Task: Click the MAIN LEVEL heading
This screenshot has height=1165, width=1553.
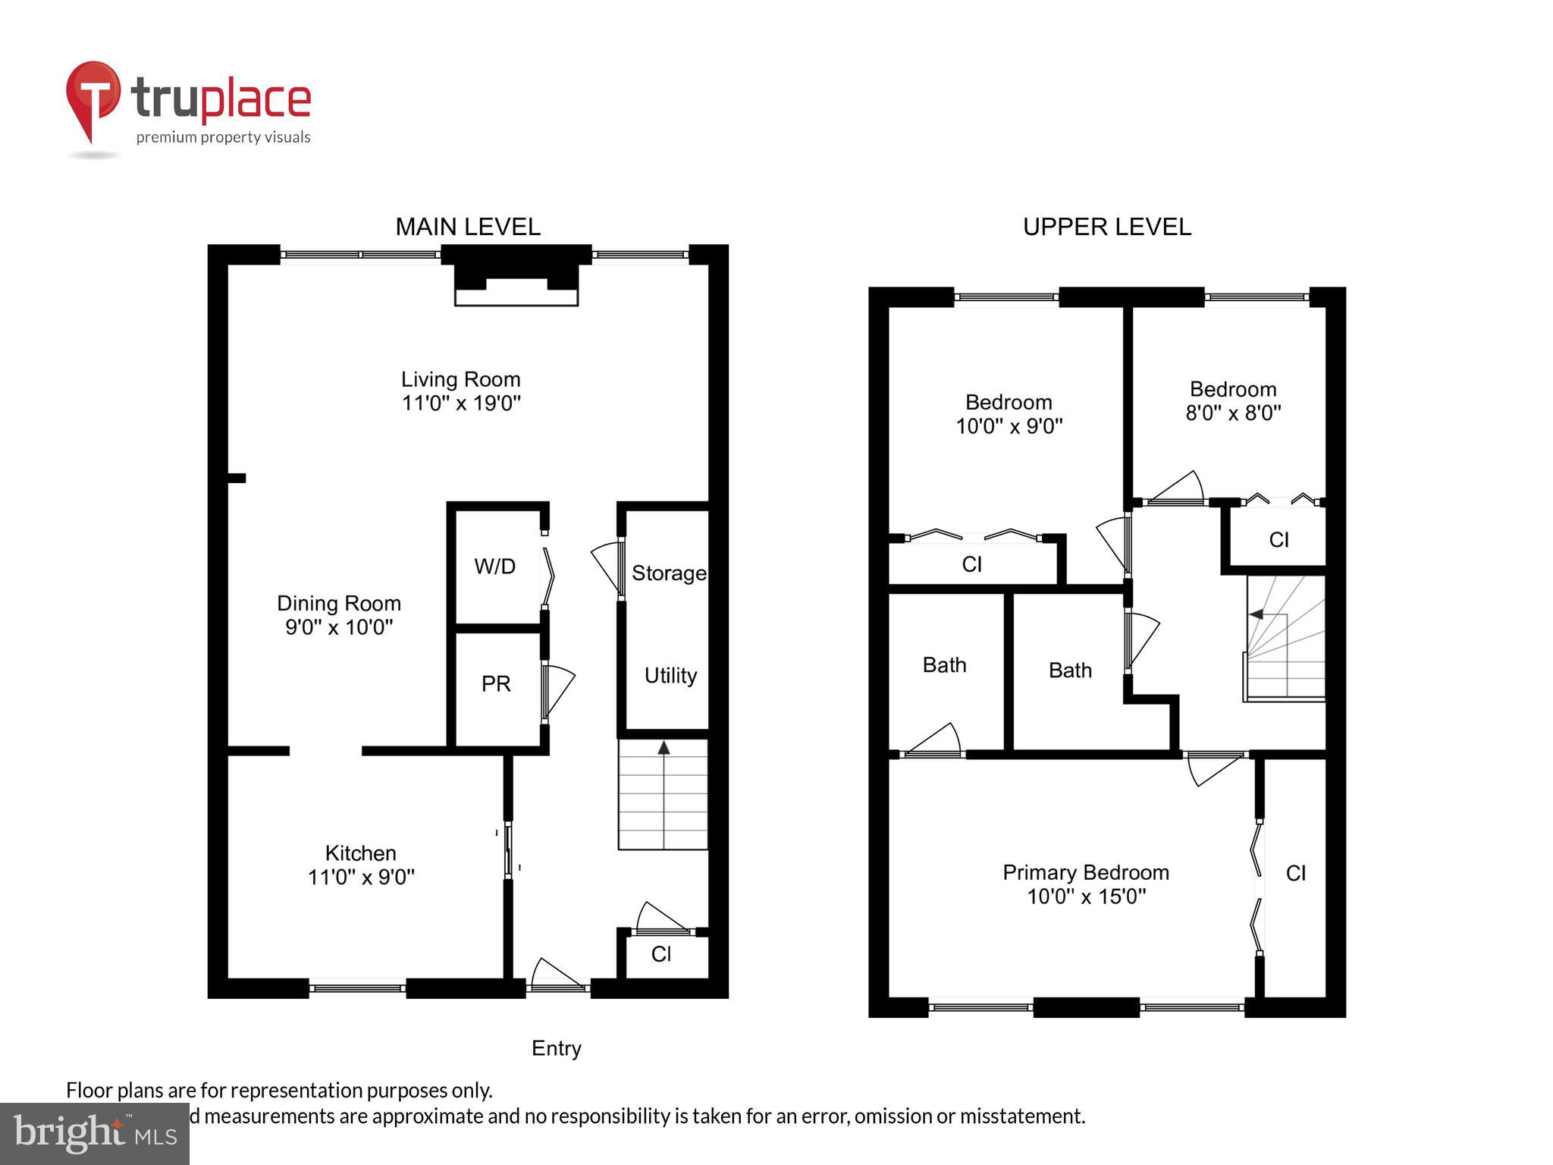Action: [468, 227]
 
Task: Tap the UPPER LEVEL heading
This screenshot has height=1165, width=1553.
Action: [1106, 227]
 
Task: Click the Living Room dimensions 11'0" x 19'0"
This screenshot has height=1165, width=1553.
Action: [461, 404]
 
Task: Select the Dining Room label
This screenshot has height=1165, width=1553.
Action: [338, 604]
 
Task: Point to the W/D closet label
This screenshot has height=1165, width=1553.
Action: [494, 567]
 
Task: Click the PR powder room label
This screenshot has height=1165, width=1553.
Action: [496, 684]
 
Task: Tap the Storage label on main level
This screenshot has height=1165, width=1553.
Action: [668, 573]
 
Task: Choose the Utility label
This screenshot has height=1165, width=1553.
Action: [670, 676]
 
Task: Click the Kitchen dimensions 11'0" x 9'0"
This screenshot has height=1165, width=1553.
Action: [361, 878]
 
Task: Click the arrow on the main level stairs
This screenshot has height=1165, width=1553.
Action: [664, 749]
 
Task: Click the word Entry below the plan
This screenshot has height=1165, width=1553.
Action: [556, 1048]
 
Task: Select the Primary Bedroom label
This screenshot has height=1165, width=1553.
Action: [1085, 873]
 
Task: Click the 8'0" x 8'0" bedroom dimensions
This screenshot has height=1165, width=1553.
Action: [1233, 413]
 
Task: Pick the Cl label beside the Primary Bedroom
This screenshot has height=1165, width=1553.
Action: [1295, 874]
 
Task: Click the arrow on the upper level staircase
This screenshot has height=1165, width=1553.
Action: [1257, 614]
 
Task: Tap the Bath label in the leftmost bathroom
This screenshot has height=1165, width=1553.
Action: [944, 665]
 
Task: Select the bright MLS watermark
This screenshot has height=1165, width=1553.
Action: [95, 1133]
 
